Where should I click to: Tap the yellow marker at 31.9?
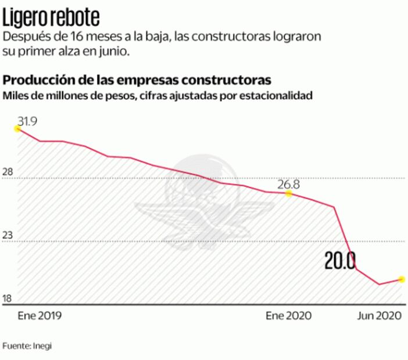17,129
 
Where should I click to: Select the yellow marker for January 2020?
288,193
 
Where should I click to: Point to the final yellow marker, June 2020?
401,279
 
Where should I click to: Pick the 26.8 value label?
288,185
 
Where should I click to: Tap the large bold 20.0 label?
340,261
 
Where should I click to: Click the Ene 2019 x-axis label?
40,316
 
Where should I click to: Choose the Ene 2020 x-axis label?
288,316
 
